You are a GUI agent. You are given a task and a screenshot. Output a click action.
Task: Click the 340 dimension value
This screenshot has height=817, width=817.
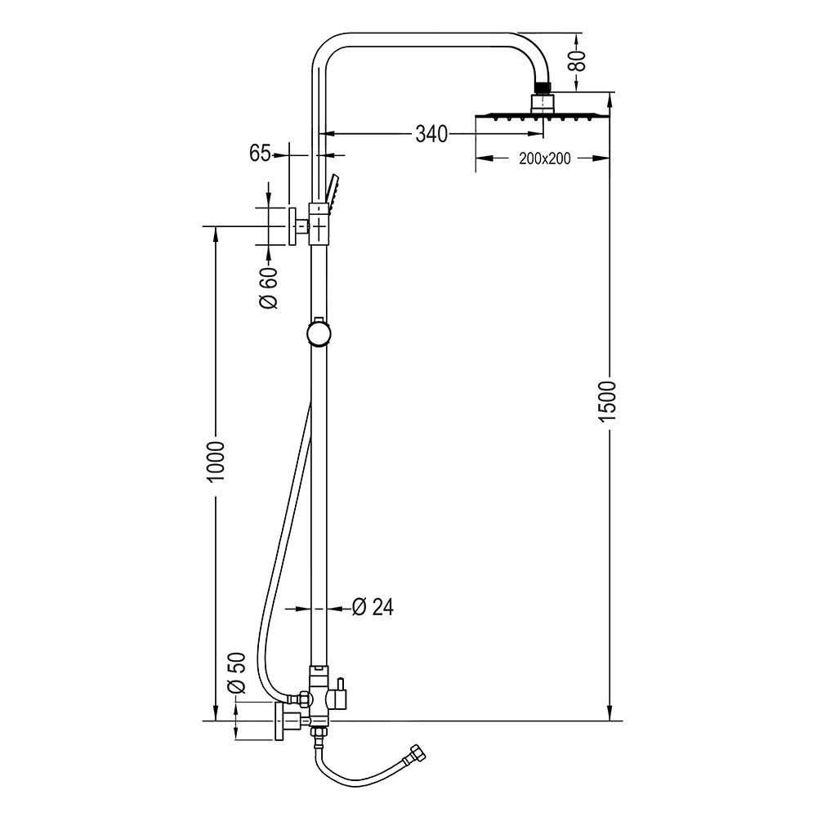pyautogui.click(x=431, y=134)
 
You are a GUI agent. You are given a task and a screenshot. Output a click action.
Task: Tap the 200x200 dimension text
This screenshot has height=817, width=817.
pyautogui.click(x=544, y=158)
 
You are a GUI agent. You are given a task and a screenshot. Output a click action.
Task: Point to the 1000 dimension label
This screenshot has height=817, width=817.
pyautogui.click(x=216, y=462)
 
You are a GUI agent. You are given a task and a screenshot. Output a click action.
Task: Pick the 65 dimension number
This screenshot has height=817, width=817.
pyautogui.click(x=260, y=154)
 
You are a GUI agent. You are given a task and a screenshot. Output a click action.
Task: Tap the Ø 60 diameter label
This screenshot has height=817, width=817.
pyautogui.click(x=270, y=288)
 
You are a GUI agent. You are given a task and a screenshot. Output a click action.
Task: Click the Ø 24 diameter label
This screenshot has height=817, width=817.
pyautogui.click(x=373, y=607)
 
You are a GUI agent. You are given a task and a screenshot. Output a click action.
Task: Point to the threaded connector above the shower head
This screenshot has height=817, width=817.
pyautogui.click(x=542, y=85)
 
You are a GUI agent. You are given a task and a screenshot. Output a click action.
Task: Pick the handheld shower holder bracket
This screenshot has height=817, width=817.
pyautogui.click(x=319, y=223)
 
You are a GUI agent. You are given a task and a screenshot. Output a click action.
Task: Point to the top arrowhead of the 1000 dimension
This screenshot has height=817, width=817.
pyautogui.click(x=216, y=233)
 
